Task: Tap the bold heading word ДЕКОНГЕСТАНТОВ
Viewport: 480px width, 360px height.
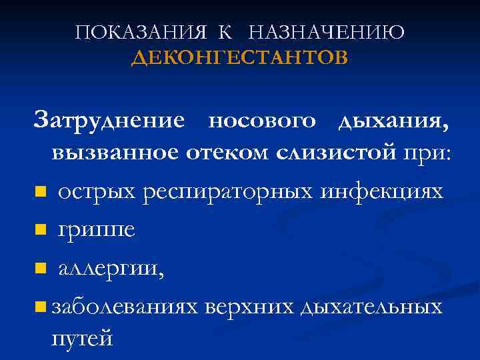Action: coord(239,59)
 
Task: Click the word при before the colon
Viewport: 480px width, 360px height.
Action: coord(424,153)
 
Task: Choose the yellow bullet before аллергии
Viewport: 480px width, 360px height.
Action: coord(41,269)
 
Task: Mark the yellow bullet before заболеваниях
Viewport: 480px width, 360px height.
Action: coord(41,307)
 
